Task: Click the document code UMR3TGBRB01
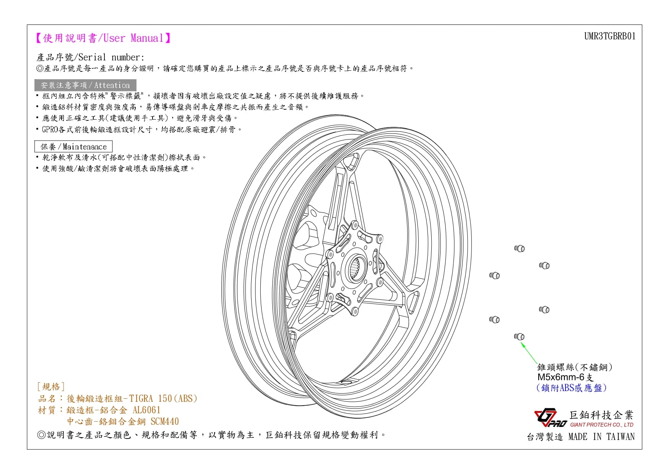pyautogui.click(x=609, y=36)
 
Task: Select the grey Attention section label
pyautogui.click(x=85, y=85)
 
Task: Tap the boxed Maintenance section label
pyautogui.click(x=73, y=146)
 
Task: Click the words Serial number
pyautogui.click(x=111, y=57)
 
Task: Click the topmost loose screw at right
pyautogui.click(x=519, y=248)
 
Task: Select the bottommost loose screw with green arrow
pyautogui.click(x=519, y=336)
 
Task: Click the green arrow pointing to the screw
pyautogui.click(x=529, y=352)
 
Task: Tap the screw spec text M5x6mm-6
pyautogui.click(x=561, y=377)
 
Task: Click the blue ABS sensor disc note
pyautogui.click(x=571, y=388)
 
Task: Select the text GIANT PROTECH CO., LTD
pyautogui.click(x=601, y=425)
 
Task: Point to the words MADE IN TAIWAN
pyautogui.click(x=601, y=437)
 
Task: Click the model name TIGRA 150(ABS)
pyautogui.click(x=163, y=398)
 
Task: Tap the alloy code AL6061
pyautogui.click(x=146, y=410)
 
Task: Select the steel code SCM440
pyautogui.click(x=164, y=421)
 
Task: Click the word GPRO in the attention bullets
pyautogui.click(x=50, y=129)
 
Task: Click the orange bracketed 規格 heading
pyautogui.click(x=51, y=386)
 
